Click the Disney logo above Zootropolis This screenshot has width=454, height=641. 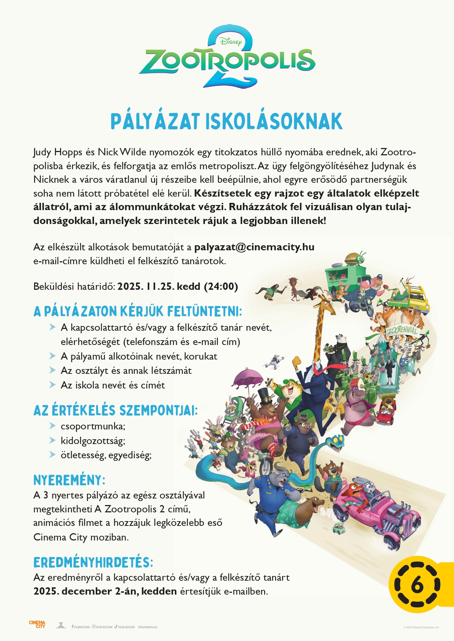tap(231, 41)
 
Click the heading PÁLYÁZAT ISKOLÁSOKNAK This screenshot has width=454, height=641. tap(226, 122)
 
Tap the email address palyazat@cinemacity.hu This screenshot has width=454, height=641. tap(254, 247)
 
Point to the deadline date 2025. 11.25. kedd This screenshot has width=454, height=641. tap(177, 286)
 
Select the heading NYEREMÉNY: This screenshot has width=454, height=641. tap(69, 480)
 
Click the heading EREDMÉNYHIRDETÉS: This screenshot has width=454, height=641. tap(93, 562)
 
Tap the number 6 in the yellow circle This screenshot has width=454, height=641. tap(417, 585)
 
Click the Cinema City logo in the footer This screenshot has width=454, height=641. tap(37, 624)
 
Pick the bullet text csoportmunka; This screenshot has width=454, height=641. tap(93, 426)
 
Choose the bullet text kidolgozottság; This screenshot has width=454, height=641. tap(93, 441)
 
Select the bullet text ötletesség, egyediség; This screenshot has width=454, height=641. tap(106, 455)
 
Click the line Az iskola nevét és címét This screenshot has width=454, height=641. tap(113, 385)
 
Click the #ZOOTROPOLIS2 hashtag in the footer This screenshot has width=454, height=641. tap(148, 627)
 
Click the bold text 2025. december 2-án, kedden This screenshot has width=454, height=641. tap(105, 591)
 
